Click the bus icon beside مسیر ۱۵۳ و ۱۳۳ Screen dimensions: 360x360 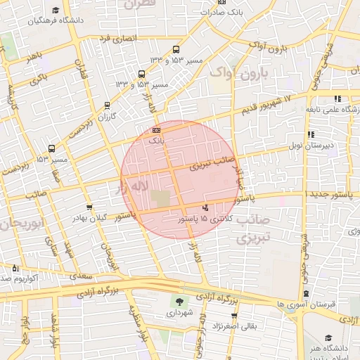point(176,50)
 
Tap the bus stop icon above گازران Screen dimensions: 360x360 point(107,105)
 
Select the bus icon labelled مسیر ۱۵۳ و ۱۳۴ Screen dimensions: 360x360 point(141,74)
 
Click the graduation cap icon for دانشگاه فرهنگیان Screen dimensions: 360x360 point(56,11)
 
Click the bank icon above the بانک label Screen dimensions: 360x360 point(156,130)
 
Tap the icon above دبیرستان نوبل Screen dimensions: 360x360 point(311,134)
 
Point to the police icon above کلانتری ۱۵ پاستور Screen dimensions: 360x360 point(205,207)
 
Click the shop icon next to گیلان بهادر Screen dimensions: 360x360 point(89,207)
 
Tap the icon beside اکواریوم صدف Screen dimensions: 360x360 point(15,268)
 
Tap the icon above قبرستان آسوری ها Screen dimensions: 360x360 point(306,294)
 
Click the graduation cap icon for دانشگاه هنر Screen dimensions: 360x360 point(329,338)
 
